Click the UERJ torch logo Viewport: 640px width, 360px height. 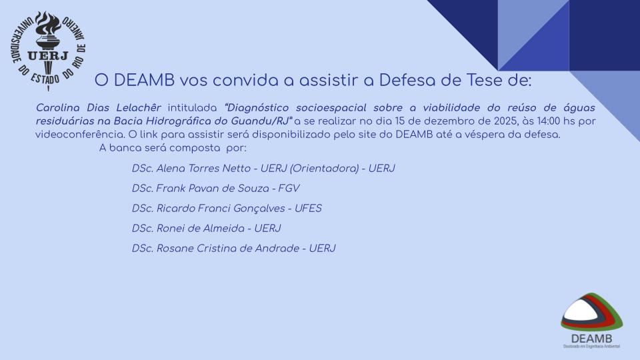(48, 50)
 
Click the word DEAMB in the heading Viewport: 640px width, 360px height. (144, 80)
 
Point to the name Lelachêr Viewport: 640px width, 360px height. (139, 108)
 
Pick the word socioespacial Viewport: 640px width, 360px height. (331, 108)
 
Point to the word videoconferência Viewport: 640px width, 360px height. (80, 135)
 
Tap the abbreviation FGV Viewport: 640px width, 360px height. (289, 188)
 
